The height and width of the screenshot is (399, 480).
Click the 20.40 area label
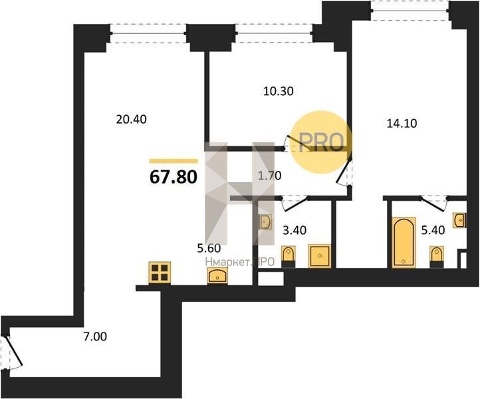pyautogui.click(x=132, y=119)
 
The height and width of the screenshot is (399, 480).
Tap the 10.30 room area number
pyautogui.click(x=279, y=91)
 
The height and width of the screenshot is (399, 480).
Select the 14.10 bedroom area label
pyautogui.click(x=402, y=124)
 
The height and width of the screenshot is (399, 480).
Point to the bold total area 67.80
pyautogui.click(x=174, y=177)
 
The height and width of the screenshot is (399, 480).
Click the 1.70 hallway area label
pyautogui.click(x=269, y=176)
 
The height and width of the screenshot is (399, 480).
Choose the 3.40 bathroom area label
pyautogui.click(x=295, y=230)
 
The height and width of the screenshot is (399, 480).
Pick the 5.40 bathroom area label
pyautogui.click(x=433, y=229)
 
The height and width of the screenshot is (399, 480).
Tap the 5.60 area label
pyautogui.click(x=209, y=248)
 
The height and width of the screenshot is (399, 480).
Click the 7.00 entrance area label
pyautogui.click(x=95, y=337)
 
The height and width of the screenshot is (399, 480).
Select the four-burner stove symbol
pyautogui.click(x=160, y=273)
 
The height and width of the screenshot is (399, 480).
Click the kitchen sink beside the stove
pyautogui.click(x=217, y=275)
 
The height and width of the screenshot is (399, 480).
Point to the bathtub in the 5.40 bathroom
pyautogui.click(x=404, y=243)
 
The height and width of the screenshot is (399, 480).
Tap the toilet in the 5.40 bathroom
pyautogui.click(x=437, y=257)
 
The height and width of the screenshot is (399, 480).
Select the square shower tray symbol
pyautogui.click(x=320, y=255)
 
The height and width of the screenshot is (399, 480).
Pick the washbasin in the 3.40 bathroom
pyautogui.click(x=265, y=221)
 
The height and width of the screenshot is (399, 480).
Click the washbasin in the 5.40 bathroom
pyautogui.click(x=460, y=220)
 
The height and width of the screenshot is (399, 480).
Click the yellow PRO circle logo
pyautogui.click(x=320, y=142)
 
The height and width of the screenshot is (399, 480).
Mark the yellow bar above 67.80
pyautogui.click(x=174, y=161)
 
